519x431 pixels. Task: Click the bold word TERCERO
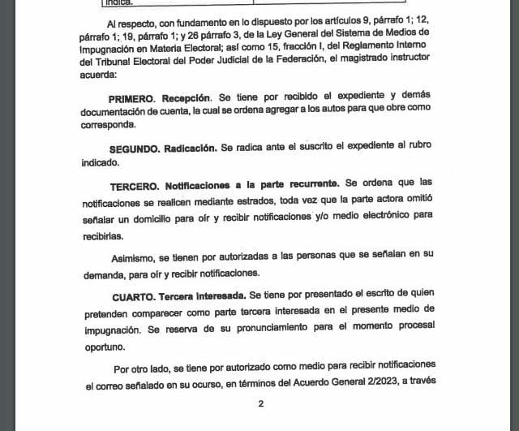[136, 184]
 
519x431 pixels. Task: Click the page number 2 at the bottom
[260, 403]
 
